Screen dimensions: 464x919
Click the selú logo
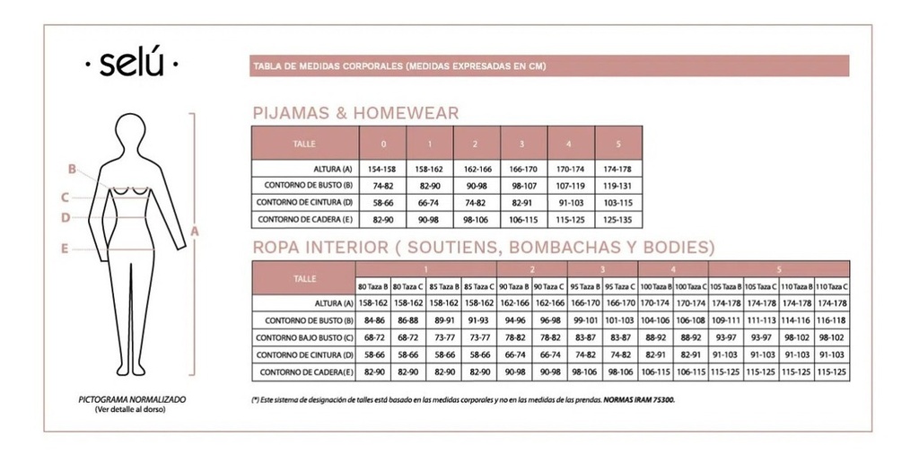tap(130, 65)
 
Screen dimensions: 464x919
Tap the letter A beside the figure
tap(194, 231)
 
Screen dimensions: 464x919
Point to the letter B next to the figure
tap(70, 168)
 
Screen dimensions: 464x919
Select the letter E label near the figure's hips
tap(65, 250)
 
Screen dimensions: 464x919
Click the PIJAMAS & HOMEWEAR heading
tap(356, 113)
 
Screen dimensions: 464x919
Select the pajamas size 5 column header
tap(618, 144)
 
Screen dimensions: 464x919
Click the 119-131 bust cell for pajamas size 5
tap(618, 186)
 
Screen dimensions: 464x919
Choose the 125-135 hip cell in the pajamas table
tap(618, 219)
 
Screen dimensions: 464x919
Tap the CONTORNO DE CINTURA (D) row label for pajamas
tap(304, 203)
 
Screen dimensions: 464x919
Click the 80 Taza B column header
tap(373, 286)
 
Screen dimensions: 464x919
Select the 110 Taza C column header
tap(832, 286)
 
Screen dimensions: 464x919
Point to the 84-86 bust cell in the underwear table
tap(373, 320)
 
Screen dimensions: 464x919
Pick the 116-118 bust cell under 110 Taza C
tap(832, 320)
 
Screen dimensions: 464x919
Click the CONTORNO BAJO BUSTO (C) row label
tap(304, 337)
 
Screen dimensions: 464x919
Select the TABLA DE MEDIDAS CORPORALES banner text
tap(400, 66)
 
